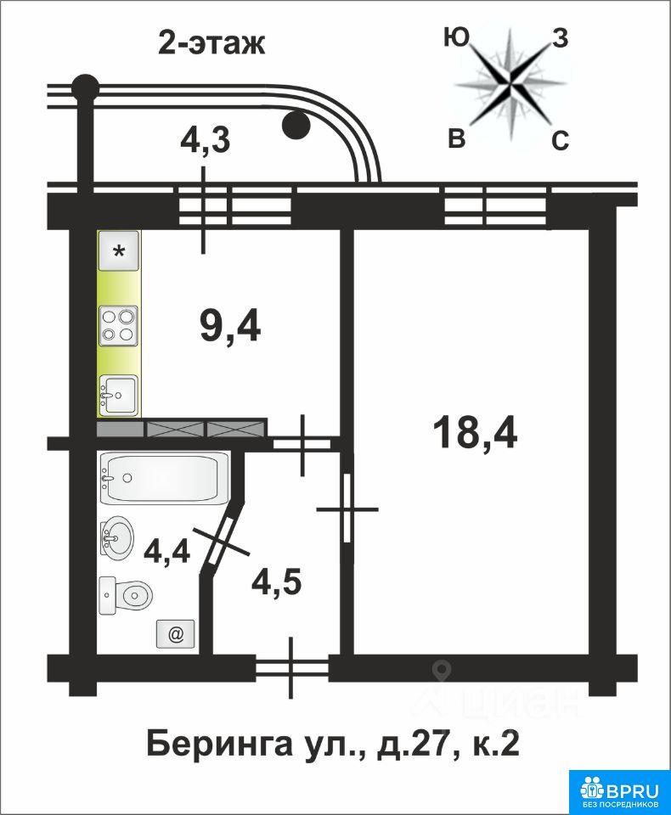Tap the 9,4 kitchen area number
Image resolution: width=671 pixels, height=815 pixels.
230,326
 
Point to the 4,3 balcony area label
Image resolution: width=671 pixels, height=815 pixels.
205,140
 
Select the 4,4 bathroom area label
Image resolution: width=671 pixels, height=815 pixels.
166,551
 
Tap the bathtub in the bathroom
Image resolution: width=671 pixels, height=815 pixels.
165,478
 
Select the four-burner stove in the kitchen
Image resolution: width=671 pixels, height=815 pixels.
119,326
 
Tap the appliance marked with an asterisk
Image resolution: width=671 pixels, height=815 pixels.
119,251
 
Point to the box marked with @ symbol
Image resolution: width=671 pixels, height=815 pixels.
176,633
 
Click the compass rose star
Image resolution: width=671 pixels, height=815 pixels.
510,81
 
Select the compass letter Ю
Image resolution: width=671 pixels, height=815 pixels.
456,38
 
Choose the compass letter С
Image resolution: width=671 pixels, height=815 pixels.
560,140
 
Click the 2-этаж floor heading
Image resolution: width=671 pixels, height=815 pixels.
211,42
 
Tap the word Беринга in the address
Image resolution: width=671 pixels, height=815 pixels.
218,745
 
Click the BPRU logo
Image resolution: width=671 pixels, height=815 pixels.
619,788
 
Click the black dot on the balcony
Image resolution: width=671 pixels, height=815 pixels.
296,125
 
